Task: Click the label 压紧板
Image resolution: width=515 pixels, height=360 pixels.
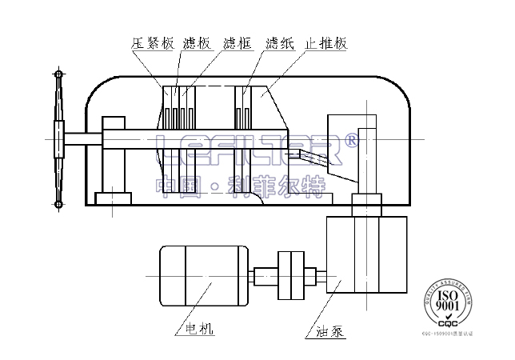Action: coord(153,44)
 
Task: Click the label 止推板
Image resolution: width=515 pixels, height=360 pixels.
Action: coord(325,44)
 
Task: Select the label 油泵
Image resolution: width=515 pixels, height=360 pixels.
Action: coord(330,329)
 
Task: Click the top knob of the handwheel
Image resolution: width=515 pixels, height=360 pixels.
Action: coord(58,74)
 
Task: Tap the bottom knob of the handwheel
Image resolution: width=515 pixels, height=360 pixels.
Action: coord(58,206)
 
